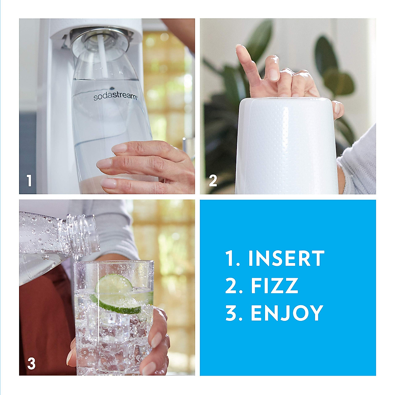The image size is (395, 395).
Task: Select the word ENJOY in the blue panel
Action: click(x=286, y=313)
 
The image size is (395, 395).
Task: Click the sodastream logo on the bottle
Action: click(x=115, y=96)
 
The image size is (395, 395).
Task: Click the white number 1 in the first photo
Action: click(x=30, y=181)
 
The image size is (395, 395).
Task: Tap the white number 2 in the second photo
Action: click(x=213, y=181)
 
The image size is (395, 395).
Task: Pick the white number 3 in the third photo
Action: click(x=31, y=363)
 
